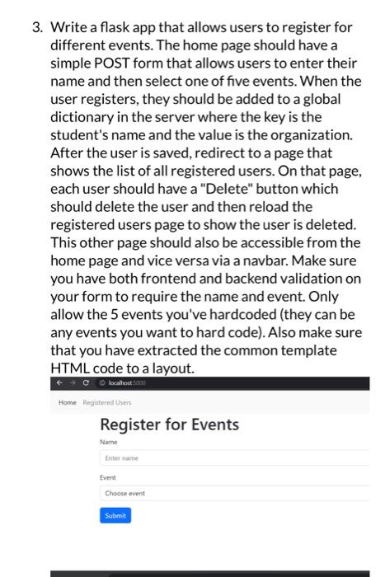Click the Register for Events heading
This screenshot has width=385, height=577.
(169, 425)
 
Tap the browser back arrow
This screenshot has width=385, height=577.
(59, 383)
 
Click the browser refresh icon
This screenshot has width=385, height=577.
(86, 383)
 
